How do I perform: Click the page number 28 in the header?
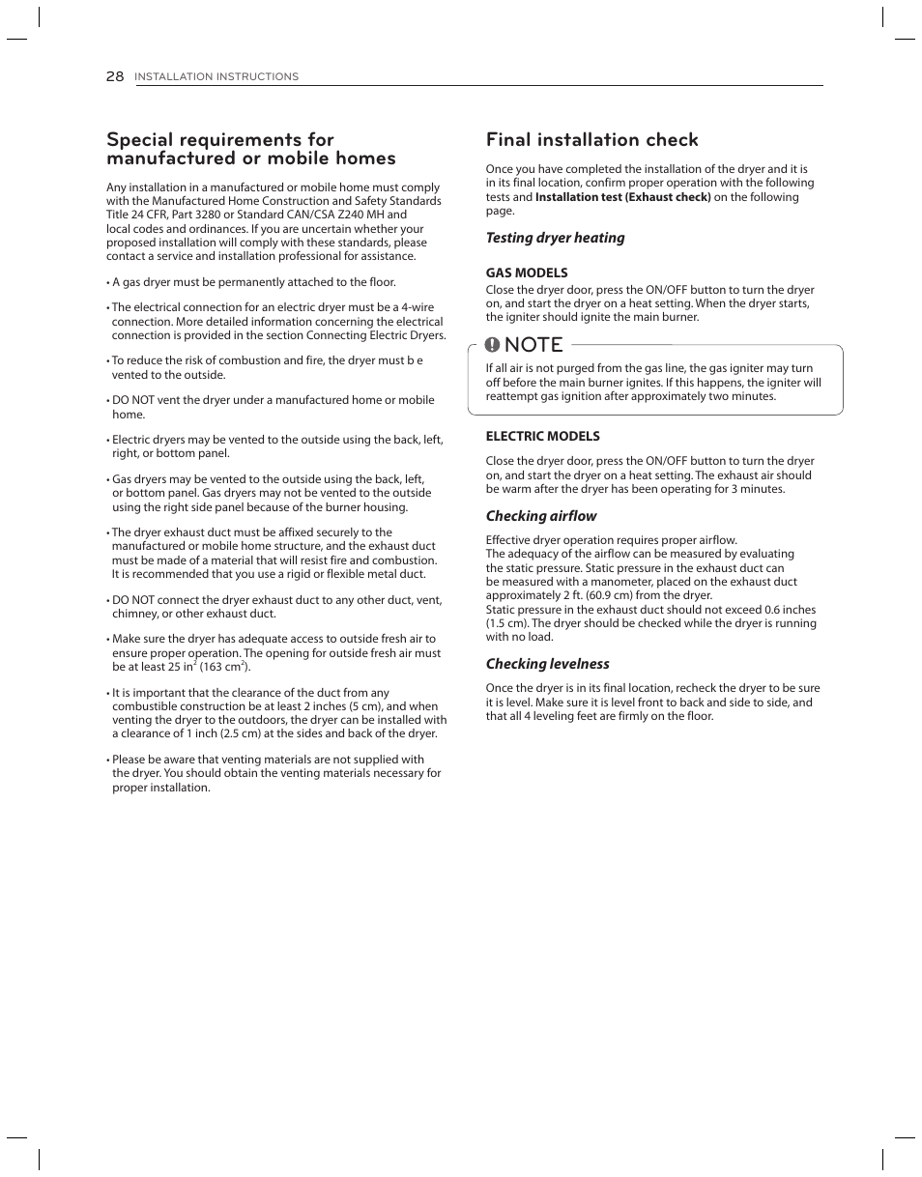115,76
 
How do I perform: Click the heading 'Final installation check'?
591,140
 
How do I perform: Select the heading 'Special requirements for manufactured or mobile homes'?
250,149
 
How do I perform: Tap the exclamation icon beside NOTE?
493,345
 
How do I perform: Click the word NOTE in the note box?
533,345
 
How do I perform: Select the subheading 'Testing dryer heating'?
555,238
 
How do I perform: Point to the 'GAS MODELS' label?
527,273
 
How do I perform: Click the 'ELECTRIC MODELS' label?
542,436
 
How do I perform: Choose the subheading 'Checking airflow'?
541,516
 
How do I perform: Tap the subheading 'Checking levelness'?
547,664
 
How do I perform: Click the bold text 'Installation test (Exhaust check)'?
622,197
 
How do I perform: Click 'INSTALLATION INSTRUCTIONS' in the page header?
216,77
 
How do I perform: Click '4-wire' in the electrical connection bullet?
418,307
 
